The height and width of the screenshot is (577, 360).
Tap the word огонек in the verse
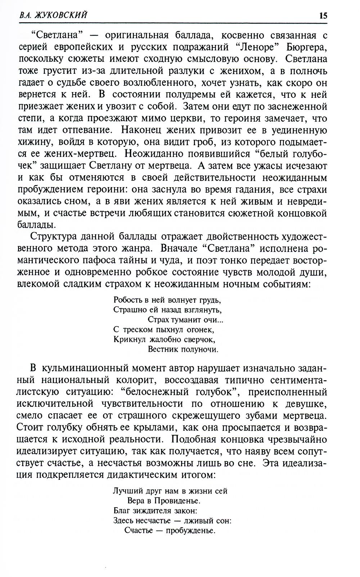tap(200, 329)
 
